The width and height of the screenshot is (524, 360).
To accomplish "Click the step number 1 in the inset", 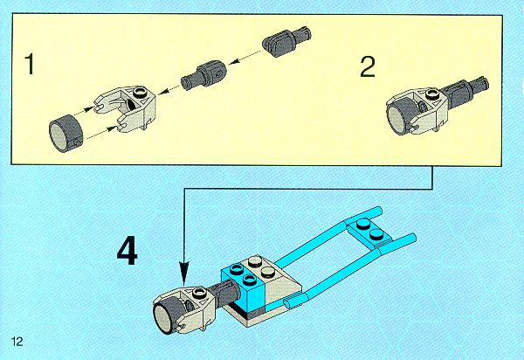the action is pyautogui.click(x=30, y=65).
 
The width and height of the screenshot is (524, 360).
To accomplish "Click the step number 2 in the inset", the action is pyautogui.click(x=368, y=67).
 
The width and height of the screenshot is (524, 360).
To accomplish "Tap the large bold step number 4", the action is pyautogui.click(x=128, y=251).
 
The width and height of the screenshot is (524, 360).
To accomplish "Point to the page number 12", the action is pyautogui.click(x=17, y=342).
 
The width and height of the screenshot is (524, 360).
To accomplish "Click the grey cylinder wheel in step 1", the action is pyautogui.click(x=65, y=134).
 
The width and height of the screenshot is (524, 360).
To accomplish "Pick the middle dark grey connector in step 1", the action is pyautogui.click(x=203, y=76).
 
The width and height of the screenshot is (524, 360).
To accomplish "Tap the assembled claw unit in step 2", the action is pyautogui.click(x=434, y=107).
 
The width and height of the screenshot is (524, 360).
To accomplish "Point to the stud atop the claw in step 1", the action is pyautogui.click(x=140, y=92).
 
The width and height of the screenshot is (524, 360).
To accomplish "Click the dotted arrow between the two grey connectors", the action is pyautogui.click(x=245, y=57).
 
